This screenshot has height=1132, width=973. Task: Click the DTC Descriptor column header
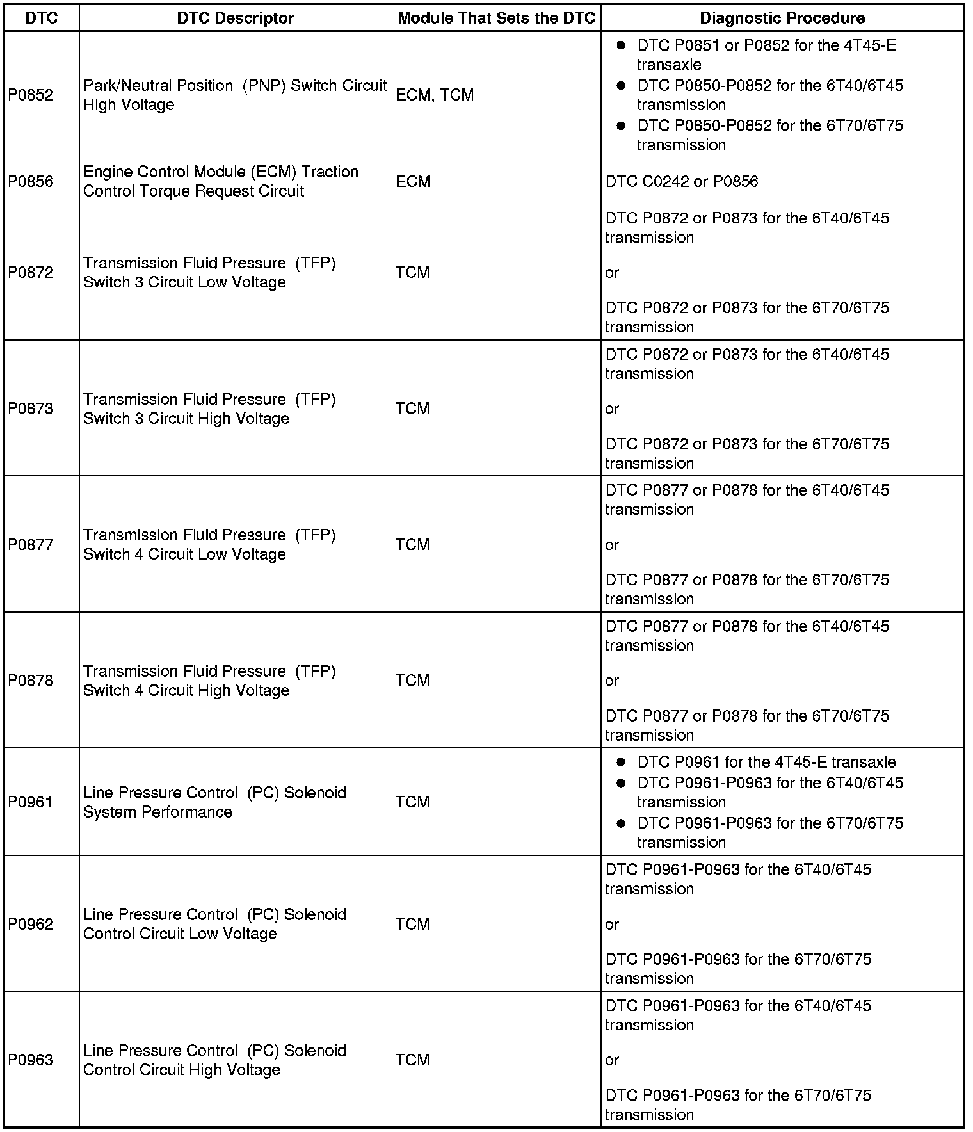[236, 18]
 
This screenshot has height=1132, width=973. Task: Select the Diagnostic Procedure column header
[782, 18]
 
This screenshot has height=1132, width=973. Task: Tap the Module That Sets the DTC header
[496, 18]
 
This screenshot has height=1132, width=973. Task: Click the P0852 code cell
[31, 95]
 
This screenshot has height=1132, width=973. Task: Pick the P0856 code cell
[31, 181]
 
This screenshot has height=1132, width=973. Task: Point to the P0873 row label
[31, 408]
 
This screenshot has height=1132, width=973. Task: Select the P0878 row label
[31, 680]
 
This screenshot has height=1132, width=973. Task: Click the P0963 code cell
[31, 1060]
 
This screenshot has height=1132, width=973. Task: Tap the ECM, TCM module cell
[435, 95]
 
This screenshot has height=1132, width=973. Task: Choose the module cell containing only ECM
[413, 181]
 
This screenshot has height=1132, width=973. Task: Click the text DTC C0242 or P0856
[681, 181]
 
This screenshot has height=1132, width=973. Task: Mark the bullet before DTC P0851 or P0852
[620, 45]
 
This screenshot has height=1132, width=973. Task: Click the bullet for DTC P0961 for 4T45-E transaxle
[620, 762]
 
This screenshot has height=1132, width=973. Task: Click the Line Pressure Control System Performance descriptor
[214, 802]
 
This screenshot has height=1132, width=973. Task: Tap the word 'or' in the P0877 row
[612, 545]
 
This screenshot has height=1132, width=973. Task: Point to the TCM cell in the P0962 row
[412, 924]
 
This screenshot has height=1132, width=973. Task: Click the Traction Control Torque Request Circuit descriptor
[220, 181]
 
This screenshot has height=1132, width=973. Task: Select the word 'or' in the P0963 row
[612, 1060]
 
